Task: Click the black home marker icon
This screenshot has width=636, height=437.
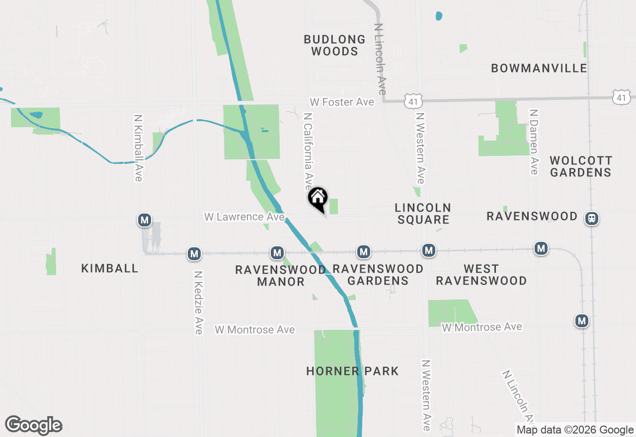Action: (318, 198)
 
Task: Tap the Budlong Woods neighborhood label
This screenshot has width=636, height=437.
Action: (334, 45)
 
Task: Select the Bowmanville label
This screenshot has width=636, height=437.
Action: (539, 68)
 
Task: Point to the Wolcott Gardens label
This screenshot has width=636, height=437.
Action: (581, 166)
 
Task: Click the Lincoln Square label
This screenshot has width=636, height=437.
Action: (423, 214)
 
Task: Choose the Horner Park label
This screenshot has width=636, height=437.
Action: (352, 371)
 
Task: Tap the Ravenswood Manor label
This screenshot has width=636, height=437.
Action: (281, 276)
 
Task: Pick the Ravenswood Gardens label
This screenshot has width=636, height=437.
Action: (378, 275)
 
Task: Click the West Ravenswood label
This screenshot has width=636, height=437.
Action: (481, 275)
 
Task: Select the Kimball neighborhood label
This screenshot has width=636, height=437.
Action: (110, 268)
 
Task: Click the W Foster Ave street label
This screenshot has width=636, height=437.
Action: (342, 102)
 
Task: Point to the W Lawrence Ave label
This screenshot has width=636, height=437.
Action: (244, 217)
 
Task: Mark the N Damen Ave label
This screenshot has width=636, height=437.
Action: (534, 142)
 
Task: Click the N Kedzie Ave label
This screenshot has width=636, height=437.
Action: (198, 302)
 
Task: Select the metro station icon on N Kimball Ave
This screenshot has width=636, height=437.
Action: (145, 219)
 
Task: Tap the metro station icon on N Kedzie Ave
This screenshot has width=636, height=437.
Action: (194, 254)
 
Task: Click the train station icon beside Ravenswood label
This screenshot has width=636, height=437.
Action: (592, 218)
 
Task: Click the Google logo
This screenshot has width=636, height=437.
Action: (34, 426)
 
